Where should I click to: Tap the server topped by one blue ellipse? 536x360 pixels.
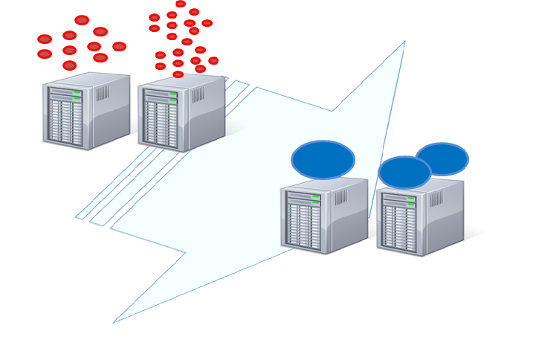[x=323, y=216]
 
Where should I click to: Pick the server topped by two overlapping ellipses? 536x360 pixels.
[x=419, y=218]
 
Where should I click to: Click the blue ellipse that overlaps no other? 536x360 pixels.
[x=323, y=160]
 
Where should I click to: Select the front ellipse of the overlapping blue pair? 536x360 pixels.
[x=404, y=173]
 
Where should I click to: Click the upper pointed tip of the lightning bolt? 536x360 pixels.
[x=404, y=42]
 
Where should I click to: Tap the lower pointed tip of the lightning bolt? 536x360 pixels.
[x=114, y=321]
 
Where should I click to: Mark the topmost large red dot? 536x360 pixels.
[x=82, y=20]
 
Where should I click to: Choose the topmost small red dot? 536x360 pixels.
[x=181, y=4]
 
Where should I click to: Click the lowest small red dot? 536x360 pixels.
[x=178, y=74]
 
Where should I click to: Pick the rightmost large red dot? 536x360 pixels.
[x=119, y=47]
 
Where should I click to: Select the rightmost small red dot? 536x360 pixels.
[x=213, y=61]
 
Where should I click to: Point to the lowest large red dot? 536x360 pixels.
[x=69, y=65]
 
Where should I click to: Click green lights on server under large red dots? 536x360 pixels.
[x=77, y=95]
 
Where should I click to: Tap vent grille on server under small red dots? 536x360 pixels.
[x=198, y=95]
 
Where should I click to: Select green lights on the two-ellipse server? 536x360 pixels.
[x=410, y=202]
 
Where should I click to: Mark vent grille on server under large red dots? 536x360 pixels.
[x=103, y=93]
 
